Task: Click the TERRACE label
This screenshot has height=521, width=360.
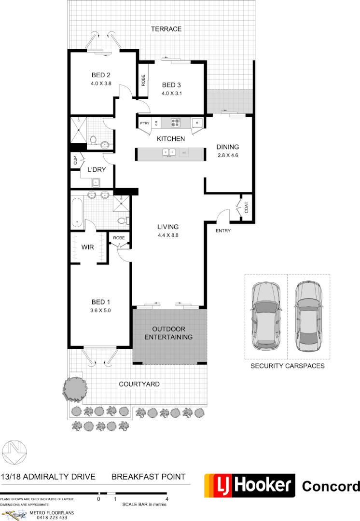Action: [x=166, y=29]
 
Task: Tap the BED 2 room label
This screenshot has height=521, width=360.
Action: [x=101, y=75]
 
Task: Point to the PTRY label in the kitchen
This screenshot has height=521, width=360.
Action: [x=144, y=123]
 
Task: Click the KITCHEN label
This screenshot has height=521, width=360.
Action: [x=171, y=139]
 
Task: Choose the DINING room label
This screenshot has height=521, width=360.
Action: [x=228, y=147]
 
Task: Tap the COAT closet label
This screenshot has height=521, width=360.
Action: [x=247, y=208]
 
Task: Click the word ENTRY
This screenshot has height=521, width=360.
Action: [x=223, y=231]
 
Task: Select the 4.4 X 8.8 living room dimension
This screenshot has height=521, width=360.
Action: [x=168, y=235]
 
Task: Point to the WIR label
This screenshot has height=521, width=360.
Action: [x=87, y=247]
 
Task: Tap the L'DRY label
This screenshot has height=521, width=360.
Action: [x=96, y=170]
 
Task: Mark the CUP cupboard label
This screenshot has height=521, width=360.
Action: [x=75, y=161]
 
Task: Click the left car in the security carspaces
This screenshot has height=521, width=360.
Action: [x=265, y=316]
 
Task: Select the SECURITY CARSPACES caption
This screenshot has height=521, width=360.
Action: [x=287, y=366]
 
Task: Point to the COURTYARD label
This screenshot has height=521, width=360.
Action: [x=139, y=384]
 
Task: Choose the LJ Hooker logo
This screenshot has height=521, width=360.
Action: [x=249, y=485]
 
